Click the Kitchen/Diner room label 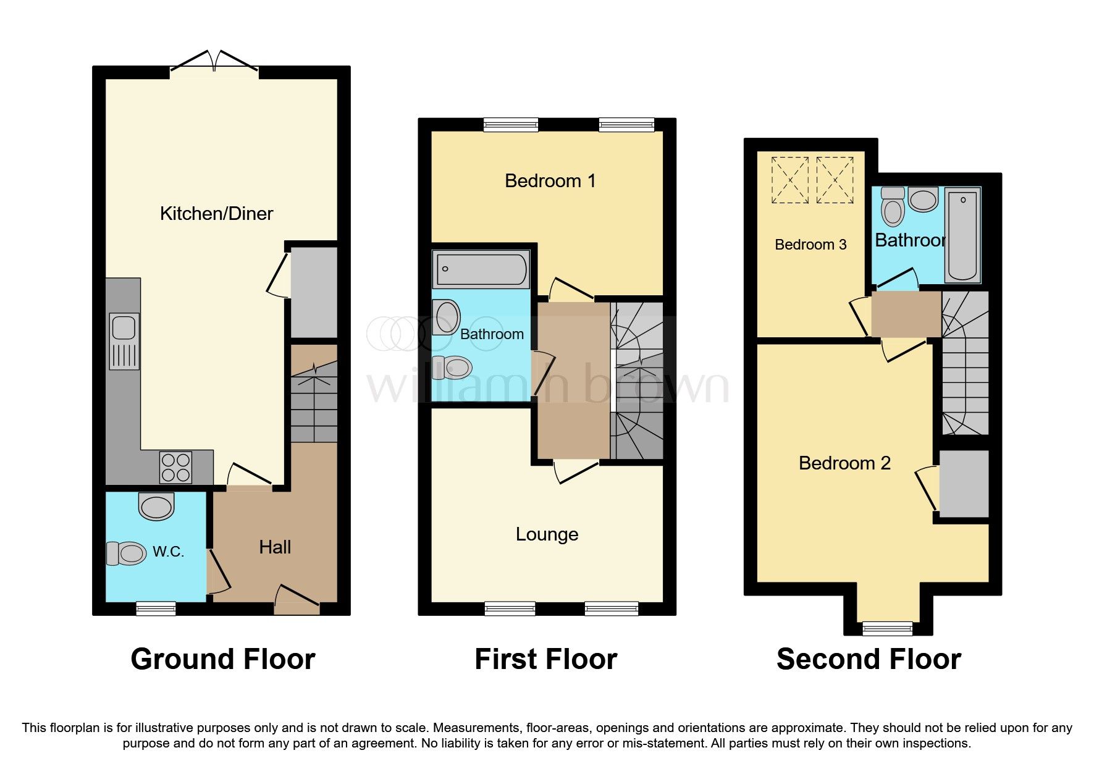[x=216, y=214]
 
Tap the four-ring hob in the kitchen [x=175, y=468]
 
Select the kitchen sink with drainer [x=124, y=341]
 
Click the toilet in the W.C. [x=127, y=553]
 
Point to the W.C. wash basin [x=156, y=507]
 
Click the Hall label [x=275, y=547]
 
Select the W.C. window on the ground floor [x=156, y=609]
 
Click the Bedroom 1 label [x=550, y=181]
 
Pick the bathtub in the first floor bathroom [x=481, y=269]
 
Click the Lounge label [x=547, y=534]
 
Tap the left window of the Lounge [x=510, y=609]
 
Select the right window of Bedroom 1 [x=626, y=125]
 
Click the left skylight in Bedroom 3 [x=789, y=180]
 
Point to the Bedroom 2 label [x=844, y=463]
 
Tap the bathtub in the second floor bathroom [x=962, y=235]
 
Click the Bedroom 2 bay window [x=887, y=629]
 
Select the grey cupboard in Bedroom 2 [x=964, y=484]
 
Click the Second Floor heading [x=869, y=659]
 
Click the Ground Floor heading [x=223, y=659]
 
